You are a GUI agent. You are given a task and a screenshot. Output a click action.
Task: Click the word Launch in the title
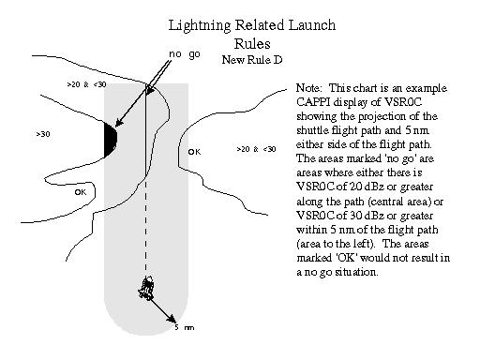pyautogui.click(x=312, y=25)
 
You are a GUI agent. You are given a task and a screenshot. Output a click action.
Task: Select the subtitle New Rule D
pyautogui.click(x=252, y=59)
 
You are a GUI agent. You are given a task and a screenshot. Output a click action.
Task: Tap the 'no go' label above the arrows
pyautogui.click(x=185, y=54)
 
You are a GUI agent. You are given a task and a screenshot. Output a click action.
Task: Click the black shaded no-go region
pyautogui.click(x=111, y=140)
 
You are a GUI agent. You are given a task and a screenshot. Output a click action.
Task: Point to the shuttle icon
pyautogui.click(x=146, y=288)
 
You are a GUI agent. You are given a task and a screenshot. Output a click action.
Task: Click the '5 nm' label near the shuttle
pyautogui.click(x=185, y=327)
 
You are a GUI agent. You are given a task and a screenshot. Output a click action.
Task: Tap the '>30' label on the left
pyautogui.click(x=43, y=134)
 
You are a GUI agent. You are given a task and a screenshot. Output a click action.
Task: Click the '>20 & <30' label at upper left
pyautogui.click(x=86, y=84)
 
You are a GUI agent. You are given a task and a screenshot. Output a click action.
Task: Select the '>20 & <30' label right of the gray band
pyautogui.click(x=256, y=149)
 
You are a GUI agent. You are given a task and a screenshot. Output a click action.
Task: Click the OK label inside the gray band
pyautogui.click(x=194, y=152)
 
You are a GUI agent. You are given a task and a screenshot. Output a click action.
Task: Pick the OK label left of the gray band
pyautogui.click(x=81, y=192)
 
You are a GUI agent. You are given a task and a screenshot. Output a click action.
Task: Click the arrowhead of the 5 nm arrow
pyautogui.click(x=172, y=319)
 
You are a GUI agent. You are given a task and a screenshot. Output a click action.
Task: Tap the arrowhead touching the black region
pyautogui.click(x=119, y=123)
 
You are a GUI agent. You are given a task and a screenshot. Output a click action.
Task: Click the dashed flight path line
pyautogui.click(x=145, y=227)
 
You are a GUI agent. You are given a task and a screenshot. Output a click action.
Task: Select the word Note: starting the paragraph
pyautogui.click(x=308, y=88)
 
